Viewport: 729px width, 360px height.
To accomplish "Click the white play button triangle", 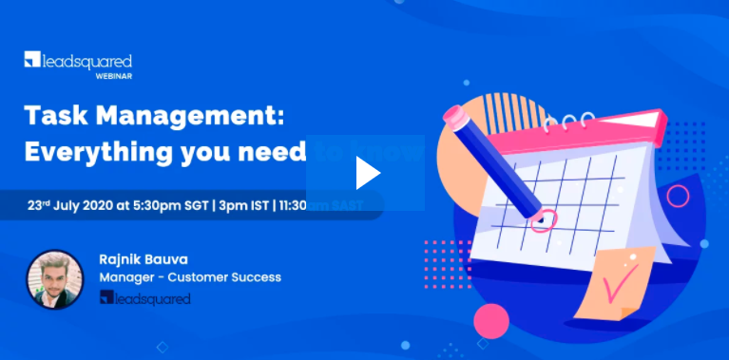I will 367,173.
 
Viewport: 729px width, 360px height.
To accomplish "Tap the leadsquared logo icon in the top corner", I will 32,60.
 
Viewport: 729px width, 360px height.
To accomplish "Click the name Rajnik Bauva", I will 142,258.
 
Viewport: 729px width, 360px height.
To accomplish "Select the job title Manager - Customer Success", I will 190,277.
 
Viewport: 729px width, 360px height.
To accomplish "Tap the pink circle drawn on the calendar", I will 543,221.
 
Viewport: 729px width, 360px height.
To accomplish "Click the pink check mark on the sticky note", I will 623,279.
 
